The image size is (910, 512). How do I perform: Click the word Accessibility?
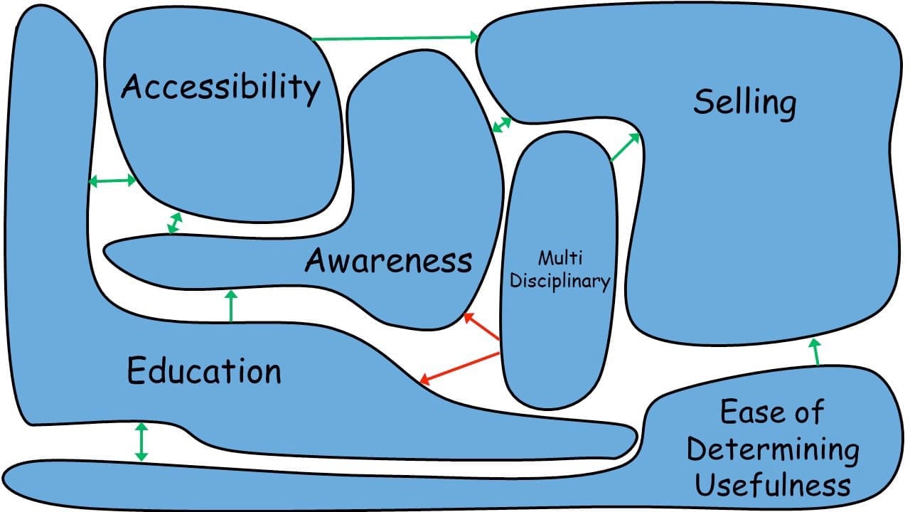click(220, 87)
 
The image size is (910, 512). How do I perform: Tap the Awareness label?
click(388, 260)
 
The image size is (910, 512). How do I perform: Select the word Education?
click(204, 371)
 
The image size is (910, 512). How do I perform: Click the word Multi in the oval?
click(560, 257)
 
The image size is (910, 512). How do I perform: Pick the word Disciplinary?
click(560, 281)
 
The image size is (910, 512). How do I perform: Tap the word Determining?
click(773, 449)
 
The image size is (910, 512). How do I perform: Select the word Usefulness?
click(773, 486)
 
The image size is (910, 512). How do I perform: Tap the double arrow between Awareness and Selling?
click(502, 124)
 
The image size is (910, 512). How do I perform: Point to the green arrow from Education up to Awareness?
click(230, 306)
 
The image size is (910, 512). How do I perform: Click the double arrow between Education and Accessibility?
click(112, 181)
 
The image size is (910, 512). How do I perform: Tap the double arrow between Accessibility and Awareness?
click(173, 223)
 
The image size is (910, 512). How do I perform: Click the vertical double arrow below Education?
click(141, 442)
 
